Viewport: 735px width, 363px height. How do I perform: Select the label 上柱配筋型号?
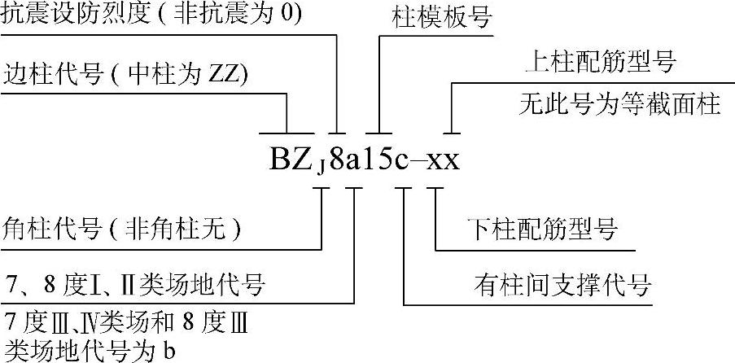(x=602, y=63)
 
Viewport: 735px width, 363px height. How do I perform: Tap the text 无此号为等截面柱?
(x=621, y=104)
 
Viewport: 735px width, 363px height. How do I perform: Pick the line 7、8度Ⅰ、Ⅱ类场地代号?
(x=134, y=286)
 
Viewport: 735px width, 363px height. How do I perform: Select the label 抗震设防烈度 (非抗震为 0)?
(x=151, y=16)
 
